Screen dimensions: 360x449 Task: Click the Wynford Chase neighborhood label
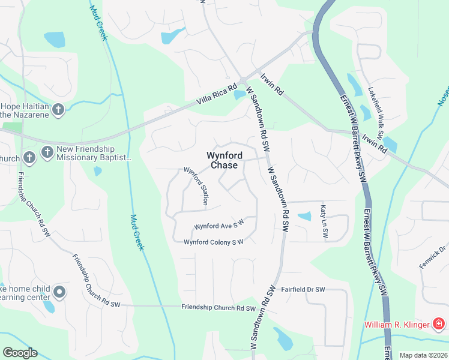coord(221,160)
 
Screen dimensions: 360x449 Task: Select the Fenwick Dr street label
coord(432,256)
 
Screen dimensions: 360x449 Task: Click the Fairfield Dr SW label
coord(303,290)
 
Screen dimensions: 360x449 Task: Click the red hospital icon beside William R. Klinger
coord(439,325)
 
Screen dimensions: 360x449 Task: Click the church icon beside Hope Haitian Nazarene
coord(58,109)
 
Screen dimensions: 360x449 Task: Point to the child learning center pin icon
coord(59,292)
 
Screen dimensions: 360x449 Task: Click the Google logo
coord(20,353)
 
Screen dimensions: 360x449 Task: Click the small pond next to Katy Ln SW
coord(305,216)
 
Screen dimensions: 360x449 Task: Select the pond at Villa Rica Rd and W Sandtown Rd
coord(240,95)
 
